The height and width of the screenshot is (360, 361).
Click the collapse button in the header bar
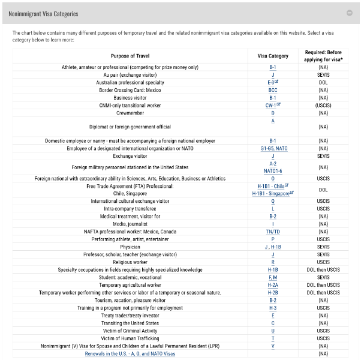[x=349, y=13]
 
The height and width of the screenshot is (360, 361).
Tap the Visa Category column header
[x=273, y=56]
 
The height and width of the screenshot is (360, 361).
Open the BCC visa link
[x=273, y=90]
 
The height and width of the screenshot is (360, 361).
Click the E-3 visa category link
[x=272, y=82]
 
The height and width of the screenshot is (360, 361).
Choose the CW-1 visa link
[x=272, y=105]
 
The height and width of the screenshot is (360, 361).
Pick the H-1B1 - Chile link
[x=272, y=186]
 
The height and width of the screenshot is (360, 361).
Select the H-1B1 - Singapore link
[x=272, y=194]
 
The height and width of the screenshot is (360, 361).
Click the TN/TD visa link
[x=273, y=231]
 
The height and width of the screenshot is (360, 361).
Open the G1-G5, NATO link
[x=273, y=148]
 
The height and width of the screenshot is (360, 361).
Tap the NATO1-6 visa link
[x=273, y=170]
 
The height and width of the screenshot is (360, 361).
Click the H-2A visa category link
[x=273, y=285]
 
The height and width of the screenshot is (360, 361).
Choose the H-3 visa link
[x=273, y=307]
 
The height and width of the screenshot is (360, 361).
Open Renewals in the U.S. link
[x=130, y=354]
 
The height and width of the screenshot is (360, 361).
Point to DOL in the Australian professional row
[x=323, y=82]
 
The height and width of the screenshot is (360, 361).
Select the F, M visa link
[x=273, y=277]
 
